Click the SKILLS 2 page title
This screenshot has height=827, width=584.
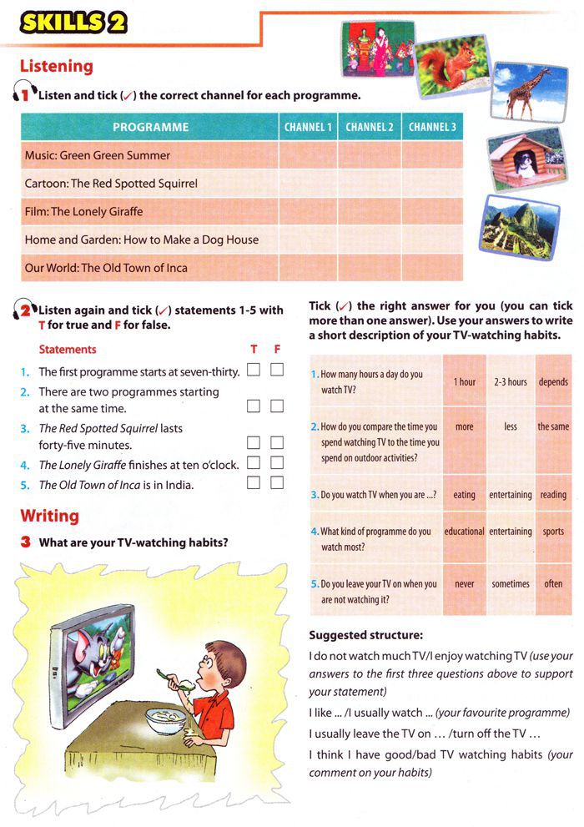[74, 22]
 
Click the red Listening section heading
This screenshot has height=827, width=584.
[56, 66]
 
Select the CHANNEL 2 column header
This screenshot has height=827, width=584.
[370, 127]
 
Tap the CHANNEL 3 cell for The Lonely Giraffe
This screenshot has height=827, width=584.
[431, 212]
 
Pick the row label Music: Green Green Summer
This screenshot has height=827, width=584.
[98, 155]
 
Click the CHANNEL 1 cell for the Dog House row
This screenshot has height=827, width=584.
[308, 240]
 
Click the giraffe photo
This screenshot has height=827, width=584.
[523, 92]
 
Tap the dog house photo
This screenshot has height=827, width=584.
[521, 159]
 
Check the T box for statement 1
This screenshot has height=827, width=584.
[254, 370]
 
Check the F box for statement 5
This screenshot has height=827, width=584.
[277, 482]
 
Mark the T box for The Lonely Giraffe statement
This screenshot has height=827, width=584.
[254, 462]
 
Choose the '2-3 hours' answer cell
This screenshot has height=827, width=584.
[510, 381]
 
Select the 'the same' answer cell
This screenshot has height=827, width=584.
[553, 426]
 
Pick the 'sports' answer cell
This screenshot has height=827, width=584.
[553, 532]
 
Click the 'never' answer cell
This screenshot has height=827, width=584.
[465, 584]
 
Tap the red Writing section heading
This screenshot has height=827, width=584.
[49, 516]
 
